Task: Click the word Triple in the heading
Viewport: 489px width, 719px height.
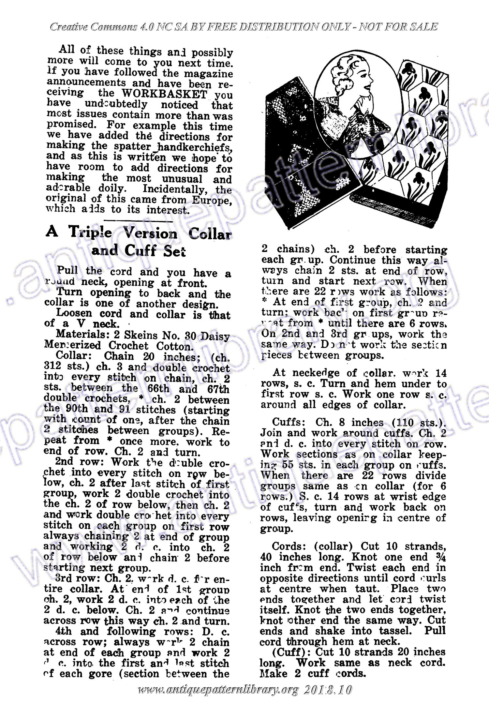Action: tap(86, 233)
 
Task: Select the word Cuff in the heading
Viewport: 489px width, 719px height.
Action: tap(142, 251)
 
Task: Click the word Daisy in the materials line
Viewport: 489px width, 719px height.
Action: tap(214, 336)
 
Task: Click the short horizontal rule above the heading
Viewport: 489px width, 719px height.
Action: tap(139, 221)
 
